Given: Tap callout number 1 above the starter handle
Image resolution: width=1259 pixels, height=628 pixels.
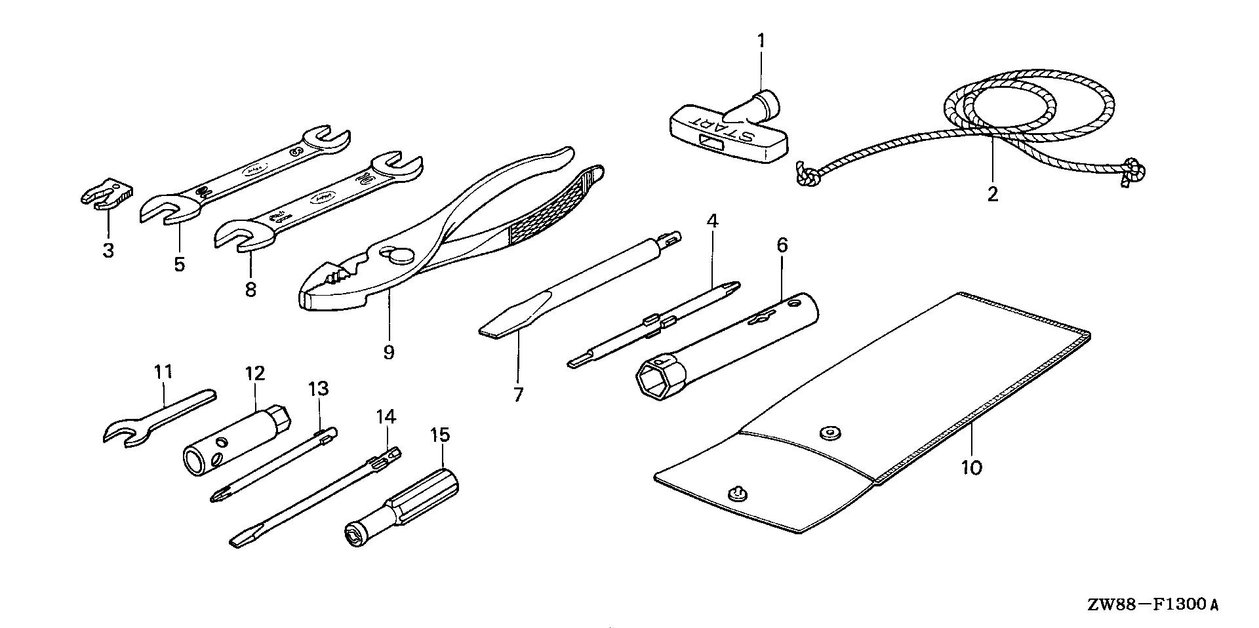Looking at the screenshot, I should pyautogui.click(x=761, y=41).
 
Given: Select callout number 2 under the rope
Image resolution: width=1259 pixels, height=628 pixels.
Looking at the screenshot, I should pyautogui.click(x=992, y=194).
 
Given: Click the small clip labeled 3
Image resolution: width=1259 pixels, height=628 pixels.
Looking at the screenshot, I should pyautogui.click(x=108, y=195).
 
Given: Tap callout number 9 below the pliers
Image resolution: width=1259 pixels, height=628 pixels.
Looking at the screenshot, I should pyautogui.click(x=389, y=352).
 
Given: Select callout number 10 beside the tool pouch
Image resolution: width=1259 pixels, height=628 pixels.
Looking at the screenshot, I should pyautogui.click(x=971, y=468).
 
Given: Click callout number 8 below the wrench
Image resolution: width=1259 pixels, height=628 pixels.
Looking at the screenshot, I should pyautogui.click(x=250, y=289).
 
